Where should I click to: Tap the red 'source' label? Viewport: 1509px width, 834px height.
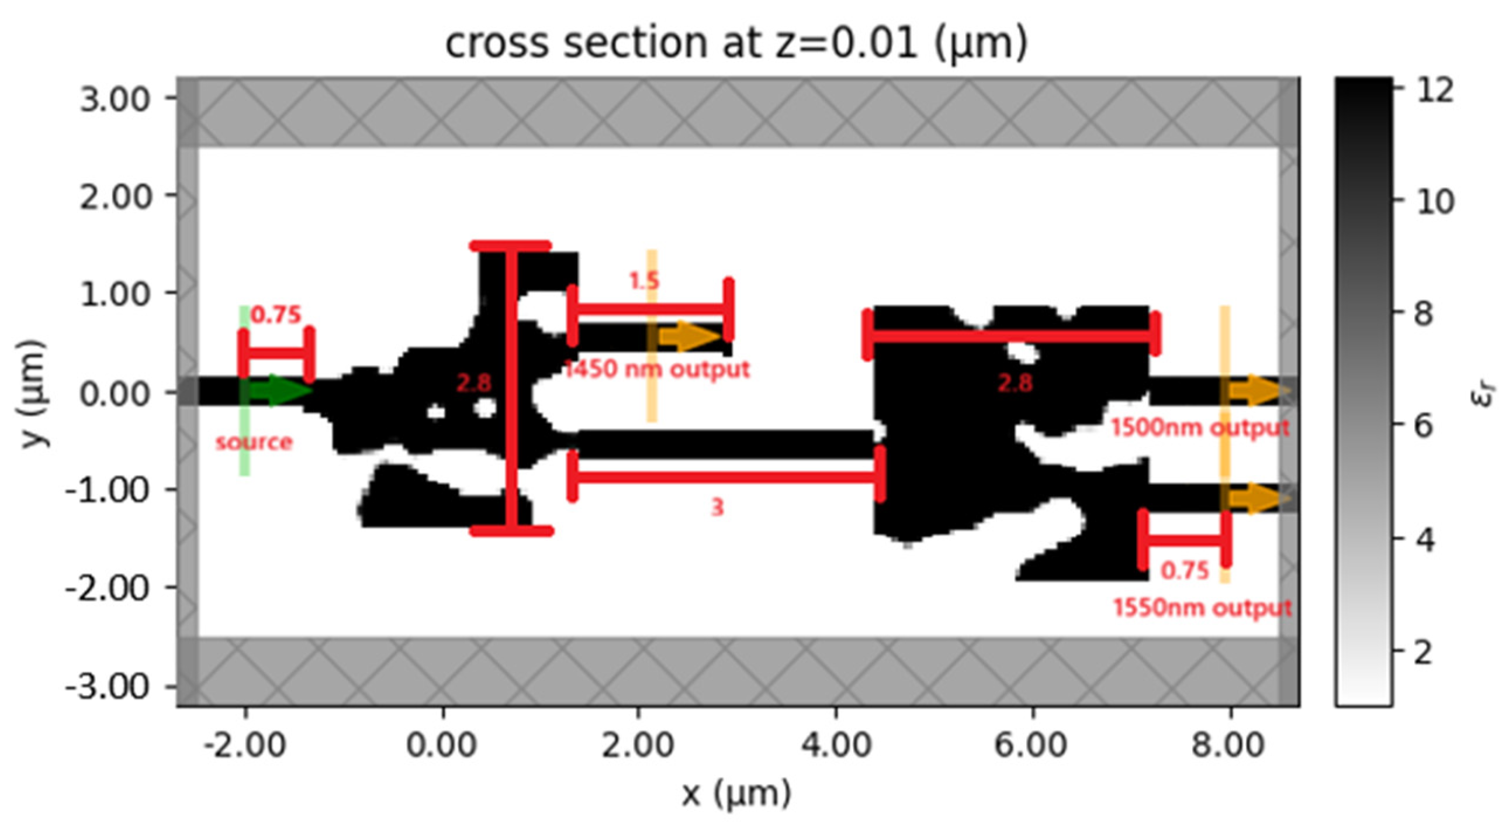pyautogui.click(x=254, y=442)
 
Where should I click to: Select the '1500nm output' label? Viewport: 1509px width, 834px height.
pyautogui.click(x=1200, y=428)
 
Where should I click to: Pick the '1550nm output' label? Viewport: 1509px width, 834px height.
pyautogui.click(x=1202, y=608)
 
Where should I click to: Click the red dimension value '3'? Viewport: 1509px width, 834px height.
pyautogui.click(x=718, y=508)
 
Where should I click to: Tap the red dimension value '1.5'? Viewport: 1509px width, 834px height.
pyautogui.click(x=645, y=281)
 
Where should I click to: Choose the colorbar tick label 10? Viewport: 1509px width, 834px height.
pyautogui.click(x=1435, y=202)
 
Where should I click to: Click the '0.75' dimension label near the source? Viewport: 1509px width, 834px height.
pyautogui.click(x=276, y=315)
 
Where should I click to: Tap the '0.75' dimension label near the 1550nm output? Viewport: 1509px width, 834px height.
pyautogui.click(x=1185, y=570)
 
